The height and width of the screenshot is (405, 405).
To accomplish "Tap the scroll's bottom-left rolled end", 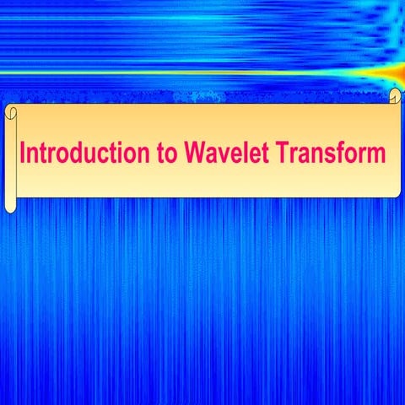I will tap(10, 205).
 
